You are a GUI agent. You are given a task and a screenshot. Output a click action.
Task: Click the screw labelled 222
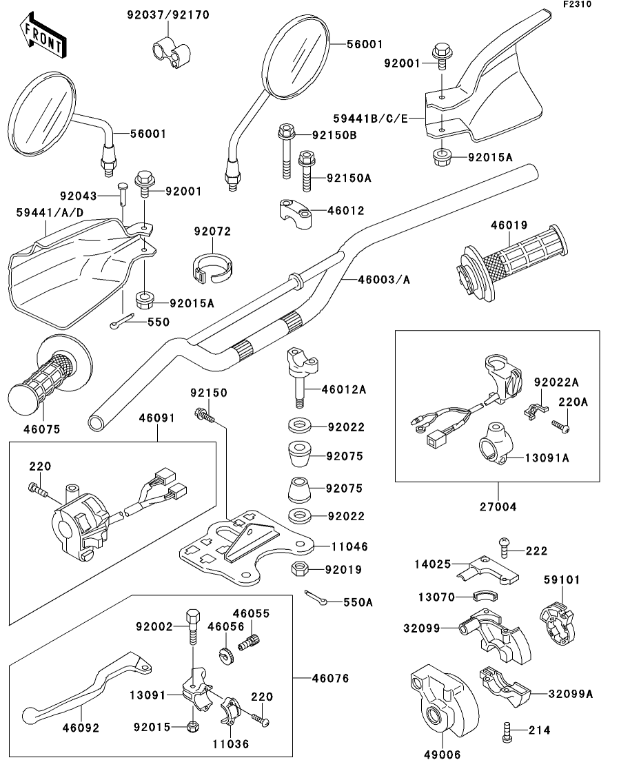(x=502, y=549)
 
